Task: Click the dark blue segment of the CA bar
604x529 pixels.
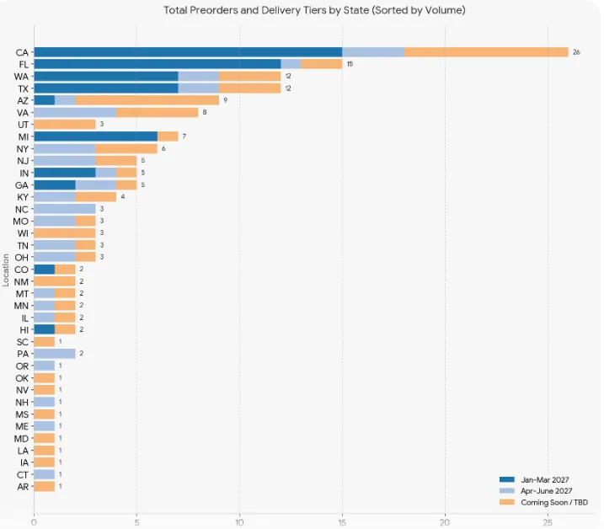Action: click(188, 52)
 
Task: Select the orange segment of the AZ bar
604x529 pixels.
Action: click(147, 100)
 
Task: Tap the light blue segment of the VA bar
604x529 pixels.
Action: click(75, 113)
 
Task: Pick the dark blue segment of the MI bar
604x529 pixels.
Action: click(96, 136)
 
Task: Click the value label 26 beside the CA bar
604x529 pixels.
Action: click(576, 52)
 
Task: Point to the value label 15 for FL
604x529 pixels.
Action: click(350, 64)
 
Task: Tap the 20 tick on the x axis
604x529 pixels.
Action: click(445, 522)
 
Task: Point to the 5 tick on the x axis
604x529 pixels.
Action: click(136, 522)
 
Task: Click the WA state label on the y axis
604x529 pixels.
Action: click(21, 77)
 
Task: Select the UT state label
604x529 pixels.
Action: click(23, 125)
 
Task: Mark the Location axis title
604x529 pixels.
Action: click(6, 270)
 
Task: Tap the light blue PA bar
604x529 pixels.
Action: click(55, 354)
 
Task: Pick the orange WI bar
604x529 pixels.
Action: click(65, 232)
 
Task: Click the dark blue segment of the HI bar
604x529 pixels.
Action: click(45, 329)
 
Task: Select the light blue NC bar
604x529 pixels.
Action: click(65, 209)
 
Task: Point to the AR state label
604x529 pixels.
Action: click(23, 487)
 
